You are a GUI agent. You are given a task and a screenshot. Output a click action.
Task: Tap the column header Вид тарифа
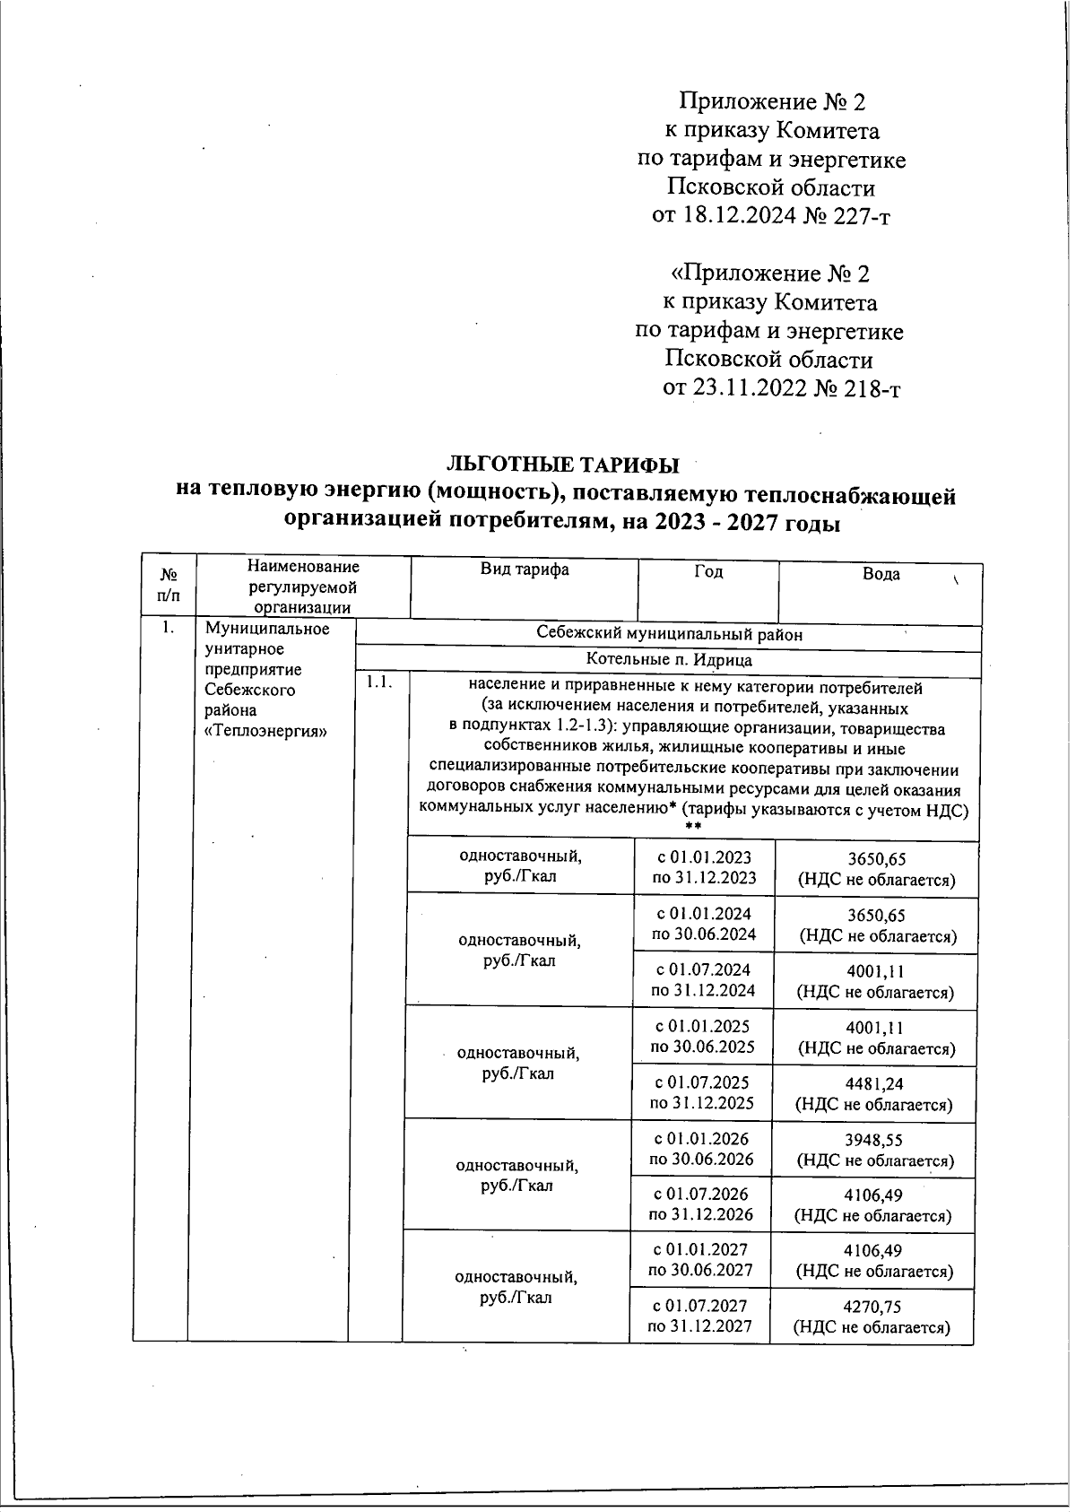pyautogui.click(x=525, y=570)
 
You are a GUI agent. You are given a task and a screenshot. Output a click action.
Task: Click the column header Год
pyautogui.click(x=708, y=572)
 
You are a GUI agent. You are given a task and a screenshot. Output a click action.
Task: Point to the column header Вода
pyautogui.click(x=881, y=575)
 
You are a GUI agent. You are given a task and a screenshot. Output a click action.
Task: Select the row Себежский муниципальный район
pyautogui.click(x=668, y=634)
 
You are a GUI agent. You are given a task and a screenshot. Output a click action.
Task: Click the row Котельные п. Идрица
pyautogui.click(x=668, y=660)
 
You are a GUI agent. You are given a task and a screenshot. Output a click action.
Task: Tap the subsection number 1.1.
pyautogui.click(x=375, y=684)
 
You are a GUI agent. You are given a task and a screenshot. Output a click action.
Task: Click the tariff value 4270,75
pyautogui.click(x=872, y=1308)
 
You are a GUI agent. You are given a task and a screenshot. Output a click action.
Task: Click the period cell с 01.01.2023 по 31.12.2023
pyautogui.click(x=704, y=867)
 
